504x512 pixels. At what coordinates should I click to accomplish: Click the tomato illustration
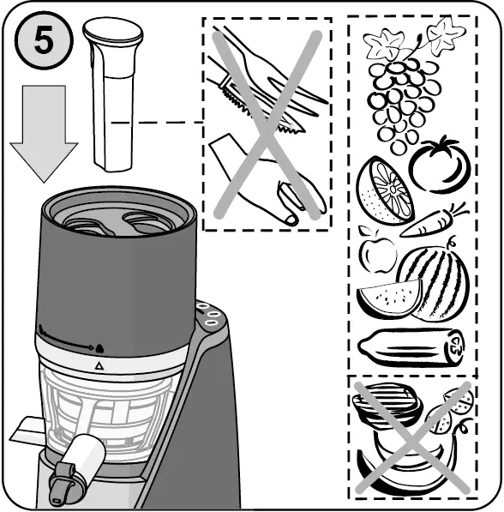point(440,164)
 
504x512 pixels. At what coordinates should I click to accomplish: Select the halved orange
point(384,190)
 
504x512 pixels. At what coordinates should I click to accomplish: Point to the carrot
point(433,222)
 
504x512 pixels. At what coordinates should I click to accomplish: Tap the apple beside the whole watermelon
point(377,251)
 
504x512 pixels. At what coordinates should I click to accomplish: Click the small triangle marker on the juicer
point(99,365)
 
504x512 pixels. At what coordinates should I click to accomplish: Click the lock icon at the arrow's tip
point(99,348)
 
